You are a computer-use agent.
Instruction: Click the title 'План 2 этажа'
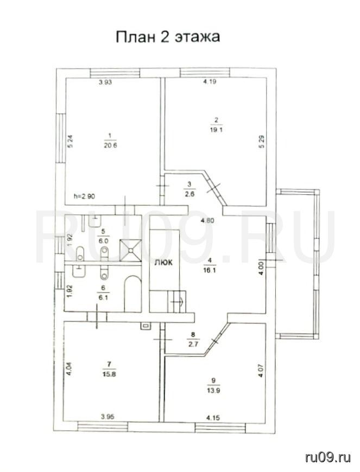(x=168, y=37)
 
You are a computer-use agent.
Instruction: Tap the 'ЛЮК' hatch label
(x=163, y=262)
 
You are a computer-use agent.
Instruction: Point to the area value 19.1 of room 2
(x=216, y=130)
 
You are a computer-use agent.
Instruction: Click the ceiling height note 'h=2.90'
(x=84, y=196)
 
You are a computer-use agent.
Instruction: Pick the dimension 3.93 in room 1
(x=105, y=82)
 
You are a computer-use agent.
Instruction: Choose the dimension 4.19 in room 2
(x=210, y=81)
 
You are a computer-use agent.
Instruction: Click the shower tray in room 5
(x=130, y=250)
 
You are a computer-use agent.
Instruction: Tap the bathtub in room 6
(x=132, y=294)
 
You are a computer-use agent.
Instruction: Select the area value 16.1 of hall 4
(x=210, y=270)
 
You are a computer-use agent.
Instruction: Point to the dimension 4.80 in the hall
(x=207, y=220)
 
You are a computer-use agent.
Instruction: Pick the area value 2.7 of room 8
(x=193, y=345)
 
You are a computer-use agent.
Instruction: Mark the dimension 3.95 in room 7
(x=108, y=417)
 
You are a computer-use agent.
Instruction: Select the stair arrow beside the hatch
(x=179, y=301)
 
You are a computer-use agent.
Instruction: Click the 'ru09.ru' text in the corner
(x=328, y=458)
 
